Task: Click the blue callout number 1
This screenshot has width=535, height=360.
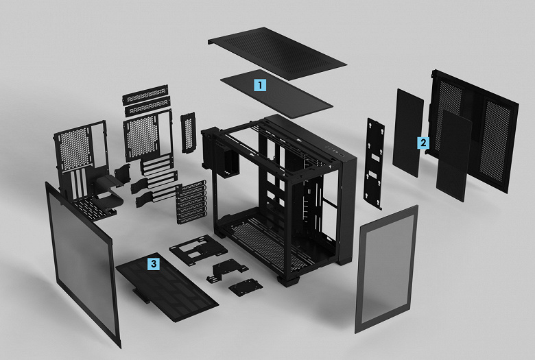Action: (260, 85)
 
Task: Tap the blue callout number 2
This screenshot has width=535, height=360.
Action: (423, 143)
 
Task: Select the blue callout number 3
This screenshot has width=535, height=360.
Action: (154, 263)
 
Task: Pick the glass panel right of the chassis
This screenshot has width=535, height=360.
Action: (387, 269)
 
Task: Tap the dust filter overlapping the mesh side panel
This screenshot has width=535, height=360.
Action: (454, 155)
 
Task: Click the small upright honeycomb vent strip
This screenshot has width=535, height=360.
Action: (189, 132)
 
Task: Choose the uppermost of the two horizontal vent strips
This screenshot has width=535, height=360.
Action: (145, 95)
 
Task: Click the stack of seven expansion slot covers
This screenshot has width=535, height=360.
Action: (191, 202)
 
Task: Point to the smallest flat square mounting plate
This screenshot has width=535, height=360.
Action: (246, 287)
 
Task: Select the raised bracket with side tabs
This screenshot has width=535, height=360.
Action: (227, 270)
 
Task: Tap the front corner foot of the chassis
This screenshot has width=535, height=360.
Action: (288, 281)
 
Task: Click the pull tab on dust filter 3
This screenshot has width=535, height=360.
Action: (141, 296)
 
